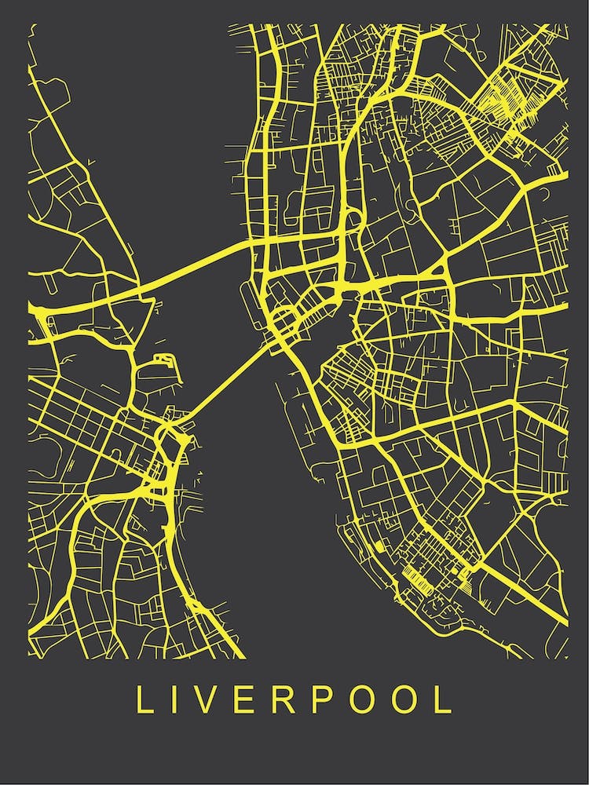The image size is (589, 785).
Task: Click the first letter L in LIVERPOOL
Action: (144, 700)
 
